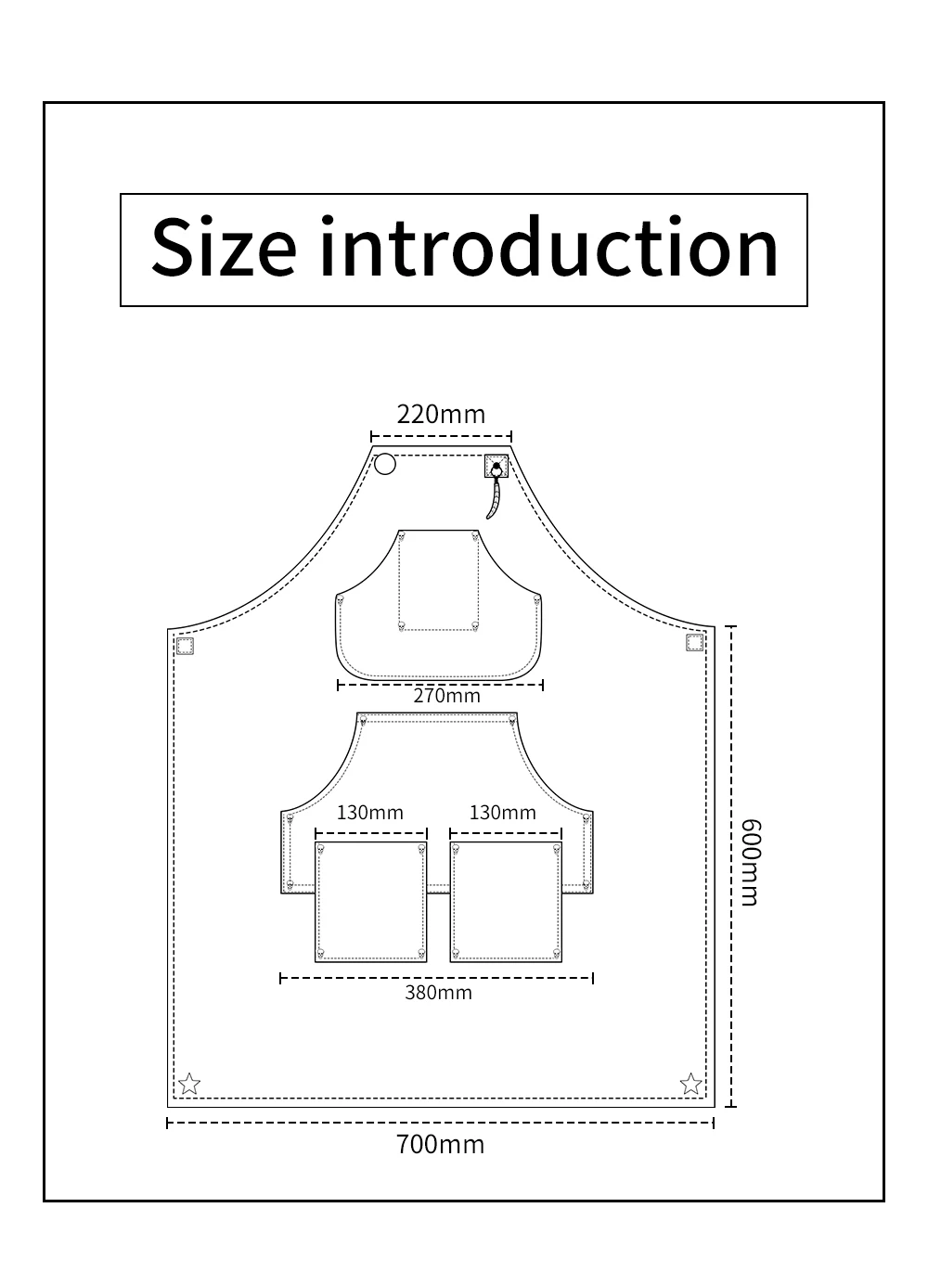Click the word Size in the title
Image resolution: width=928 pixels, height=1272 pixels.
click(x=224, y=248)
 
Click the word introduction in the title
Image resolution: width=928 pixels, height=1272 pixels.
click(x=549, y=247)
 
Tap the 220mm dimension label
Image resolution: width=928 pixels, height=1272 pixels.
click(x=441, y=415)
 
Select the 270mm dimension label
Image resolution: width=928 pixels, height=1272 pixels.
click(x=446, y=696)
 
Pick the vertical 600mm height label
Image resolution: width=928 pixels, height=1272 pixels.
click(x=750, y=863)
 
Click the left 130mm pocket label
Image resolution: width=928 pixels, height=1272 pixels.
click(x=369, y=813)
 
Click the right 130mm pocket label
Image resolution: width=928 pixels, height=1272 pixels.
click(x=503, y=813)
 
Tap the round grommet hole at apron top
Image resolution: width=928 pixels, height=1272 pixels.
click(x=385, y=464)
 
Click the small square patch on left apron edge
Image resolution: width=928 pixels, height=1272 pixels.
click(x=185, y=647)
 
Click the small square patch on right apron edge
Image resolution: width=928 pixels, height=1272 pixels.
click(x=694, y=643)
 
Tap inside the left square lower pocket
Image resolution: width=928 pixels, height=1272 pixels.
click(x=371, y=902)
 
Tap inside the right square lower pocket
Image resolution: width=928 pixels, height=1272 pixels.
click(x=506, y=902)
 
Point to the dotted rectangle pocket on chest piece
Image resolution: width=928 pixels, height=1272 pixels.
click(x=438, y=581)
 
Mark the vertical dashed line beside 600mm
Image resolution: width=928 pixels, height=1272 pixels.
click(x=731, y=867)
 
